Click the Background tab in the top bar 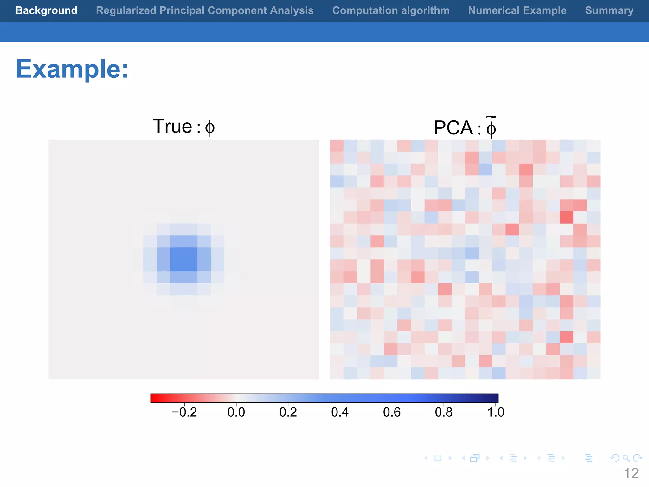[x=46, y=10]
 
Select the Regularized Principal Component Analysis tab [x=205, y=10]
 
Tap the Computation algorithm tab [x=391, y=10]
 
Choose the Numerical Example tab [x=517, y=10]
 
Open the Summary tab [x=609, y=10]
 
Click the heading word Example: [x=72, y=69]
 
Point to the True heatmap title [x=183, y=127]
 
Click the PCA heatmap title [x=465, y=127]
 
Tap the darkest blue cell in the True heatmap [x=184, y=259]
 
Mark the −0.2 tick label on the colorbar [x=184, y=412]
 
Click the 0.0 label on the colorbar [x=236, y=412]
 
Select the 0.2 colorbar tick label [x=288, y=412]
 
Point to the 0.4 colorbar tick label [x=340, y=412]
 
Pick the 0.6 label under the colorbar [x=392, y=412]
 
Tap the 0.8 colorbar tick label [x=444, y=412]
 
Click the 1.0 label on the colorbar [x=496, y=412]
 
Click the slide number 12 [x=631, y=473]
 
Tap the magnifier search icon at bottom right [x=626, y=458]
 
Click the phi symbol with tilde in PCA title [x=491, y=128]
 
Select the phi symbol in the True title [x=210, y=127]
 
